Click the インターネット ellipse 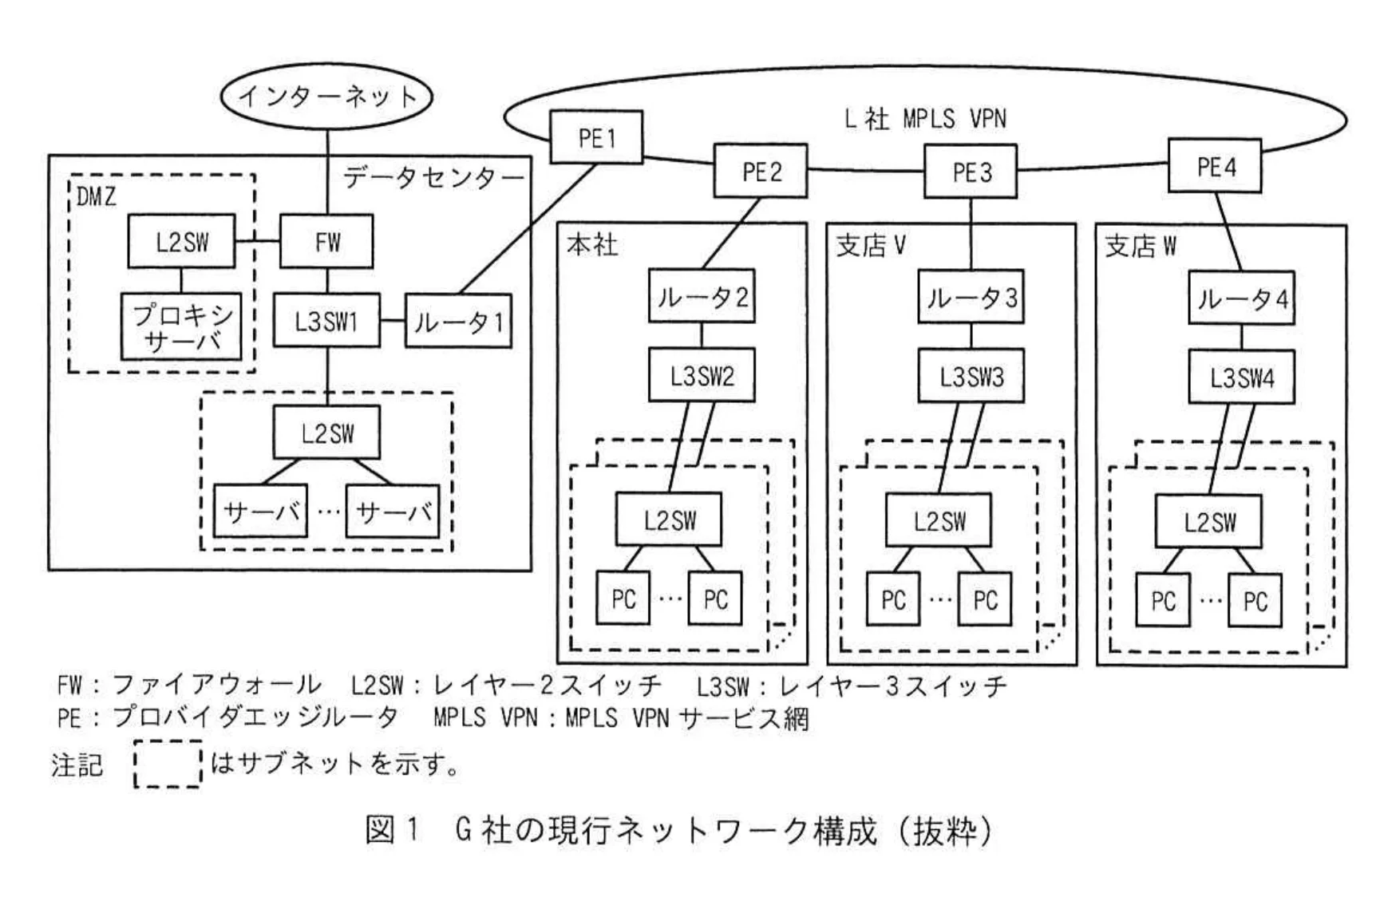326,97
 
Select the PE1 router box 596,137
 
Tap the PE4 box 1214,166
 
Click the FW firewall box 326,241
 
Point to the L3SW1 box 326,321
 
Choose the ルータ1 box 458,322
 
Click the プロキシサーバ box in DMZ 181,327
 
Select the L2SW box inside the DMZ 181,241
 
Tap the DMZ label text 97,196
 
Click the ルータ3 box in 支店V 971,297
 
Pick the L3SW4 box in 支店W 1241,377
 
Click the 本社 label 592,244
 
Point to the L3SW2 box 702,375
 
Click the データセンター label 433,177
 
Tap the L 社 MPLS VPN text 925,119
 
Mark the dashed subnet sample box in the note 167,765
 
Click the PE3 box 971,172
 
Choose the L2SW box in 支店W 1209,521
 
